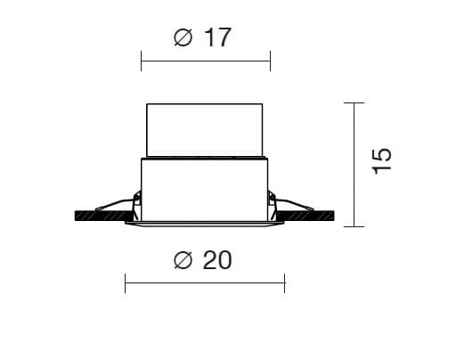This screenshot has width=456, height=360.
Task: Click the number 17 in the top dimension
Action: [x=217, y=38]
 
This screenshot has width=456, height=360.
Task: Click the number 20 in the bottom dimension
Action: [x=217, y=260]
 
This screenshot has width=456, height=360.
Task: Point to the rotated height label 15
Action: [x=381, y=159]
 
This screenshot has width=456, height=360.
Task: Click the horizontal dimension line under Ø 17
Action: [x=206, y=61]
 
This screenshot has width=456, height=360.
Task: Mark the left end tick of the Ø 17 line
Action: [x=142, y=61]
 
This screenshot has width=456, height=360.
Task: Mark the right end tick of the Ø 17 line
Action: [x=270, y=61]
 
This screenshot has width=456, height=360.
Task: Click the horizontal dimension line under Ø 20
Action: [x=204, y=285]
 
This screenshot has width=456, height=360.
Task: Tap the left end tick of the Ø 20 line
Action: [x=125, y=285]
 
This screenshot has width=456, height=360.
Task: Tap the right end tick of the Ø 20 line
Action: [x=284, y=285]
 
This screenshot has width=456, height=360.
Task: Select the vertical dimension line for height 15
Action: [x=354, y=165]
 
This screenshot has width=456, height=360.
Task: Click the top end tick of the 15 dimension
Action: [x=354, y=103]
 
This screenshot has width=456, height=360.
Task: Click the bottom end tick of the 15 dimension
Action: [x=354, y=226]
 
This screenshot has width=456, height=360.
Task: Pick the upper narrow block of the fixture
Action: [x=206, y=130]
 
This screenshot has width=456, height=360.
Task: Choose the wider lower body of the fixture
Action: [x=206, y=187]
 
